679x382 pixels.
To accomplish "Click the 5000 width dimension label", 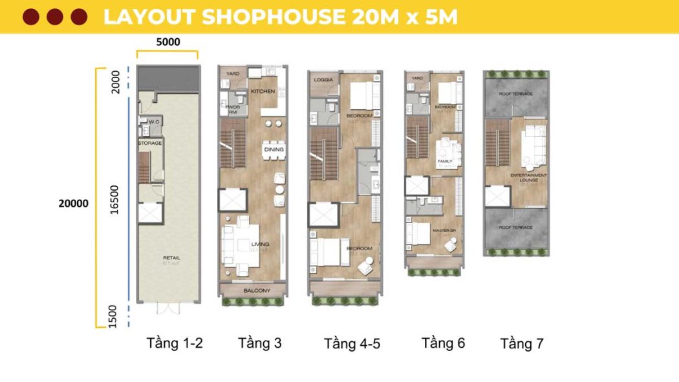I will (168, 42).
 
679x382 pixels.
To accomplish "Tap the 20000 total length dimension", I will (73, 203).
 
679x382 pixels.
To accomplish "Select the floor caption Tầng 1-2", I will (175, 343).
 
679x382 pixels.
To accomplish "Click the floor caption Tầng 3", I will (260, 343).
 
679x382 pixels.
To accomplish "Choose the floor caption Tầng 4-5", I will (352, 344).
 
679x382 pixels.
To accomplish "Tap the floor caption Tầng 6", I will (444, 343).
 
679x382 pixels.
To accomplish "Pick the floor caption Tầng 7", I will (522, 344).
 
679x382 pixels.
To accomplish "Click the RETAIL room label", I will (171, 258).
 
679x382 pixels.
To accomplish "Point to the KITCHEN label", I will (263, 92).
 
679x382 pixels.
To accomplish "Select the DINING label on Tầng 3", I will (274, 149).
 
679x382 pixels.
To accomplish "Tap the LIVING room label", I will (261, 244).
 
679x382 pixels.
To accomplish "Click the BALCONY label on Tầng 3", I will (257, 291).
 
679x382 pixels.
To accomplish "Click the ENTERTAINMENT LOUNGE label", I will (528, 178).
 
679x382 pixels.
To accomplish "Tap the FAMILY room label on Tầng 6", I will (444, 161).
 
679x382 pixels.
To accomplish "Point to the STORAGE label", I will (149, 143).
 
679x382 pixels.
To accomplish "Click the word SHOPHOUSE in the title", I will (272, 17).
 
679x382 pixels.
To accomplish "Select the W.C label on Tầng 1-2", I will (154, 121).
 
